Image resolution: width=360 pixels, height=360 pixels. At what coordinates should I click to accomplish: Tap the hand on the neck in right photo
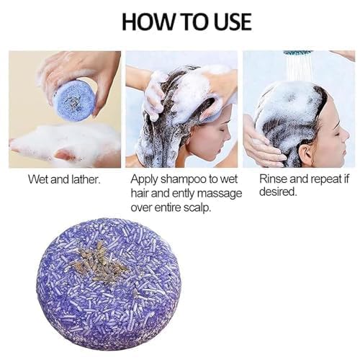click(x=262, y=144)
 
